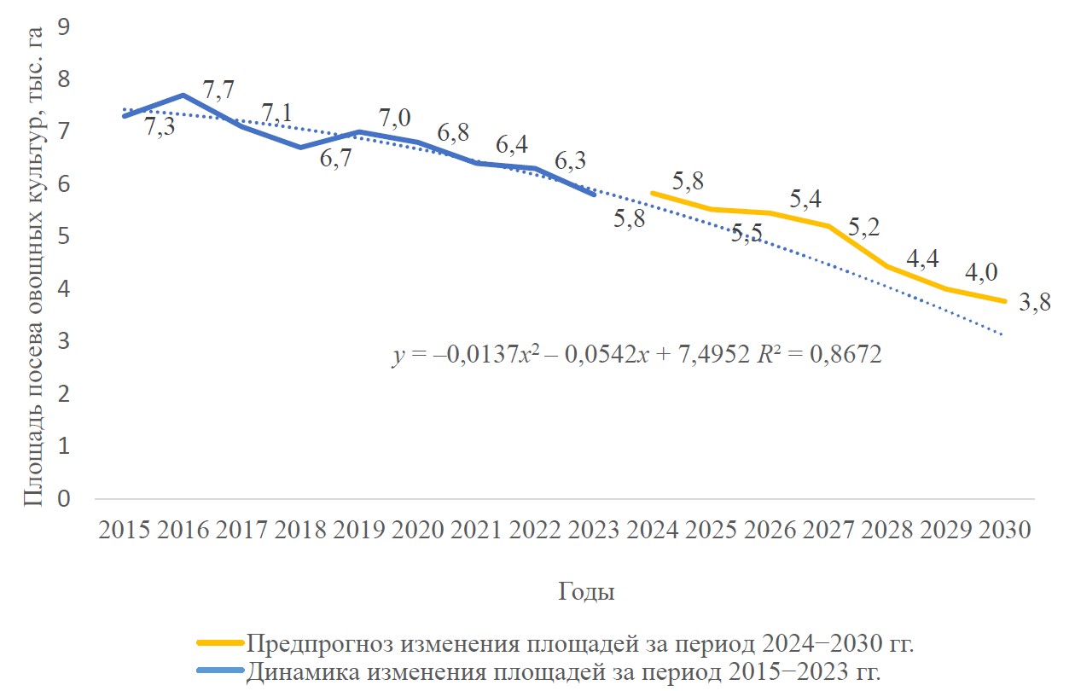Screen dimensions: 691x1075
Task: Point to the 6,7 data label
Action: tap(337, 159)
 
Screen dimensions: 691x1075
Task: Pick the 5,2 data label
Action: tap(864, 229)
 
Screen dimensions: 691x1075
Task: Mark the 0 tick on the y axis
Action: tap(62, 498)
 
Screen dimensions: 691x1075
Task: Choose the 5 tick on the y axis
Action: tap(62, 236)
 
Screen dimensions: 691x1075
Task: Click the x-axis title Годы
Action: tap(587, 591)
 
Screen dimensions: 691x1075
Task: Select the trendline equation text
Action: tap(636, 354)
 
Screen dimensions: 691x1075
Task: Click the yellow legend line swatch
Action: tap(220, 642)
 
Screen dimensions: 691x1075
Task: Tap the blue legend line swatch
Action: tap(220, 670)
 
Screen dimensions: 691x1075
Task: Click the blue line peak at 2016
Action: tap(183, 95)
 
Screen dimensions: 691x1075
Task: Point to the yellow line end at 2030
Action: tap(1004, 301)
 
